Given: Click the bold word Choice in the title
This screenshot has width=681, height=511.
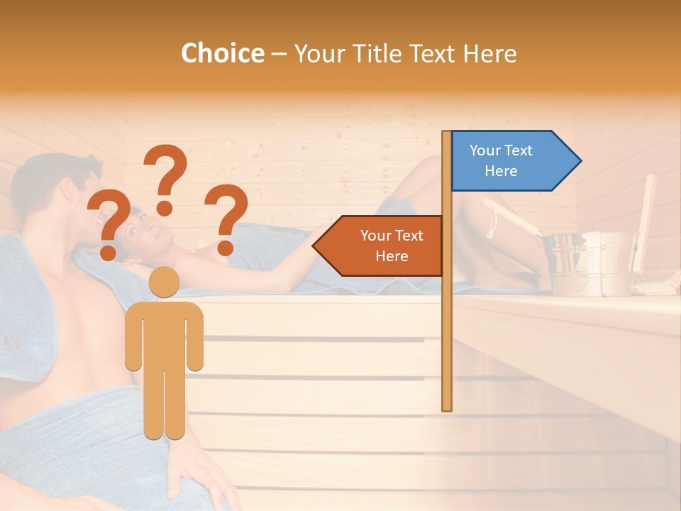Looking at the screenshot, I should click(222, 53).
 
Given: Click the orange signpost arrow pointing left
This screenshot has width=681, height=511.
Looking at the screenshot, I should click(380, 246).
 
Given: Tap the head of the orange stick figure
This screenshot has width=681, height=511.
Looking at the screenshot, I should click(164, 281).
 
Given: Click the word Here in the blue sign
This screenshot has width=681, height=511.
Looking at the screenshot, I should click(501, 171).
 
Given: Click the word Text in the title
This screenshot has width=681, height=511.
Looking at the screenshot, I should click(432, 53).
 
